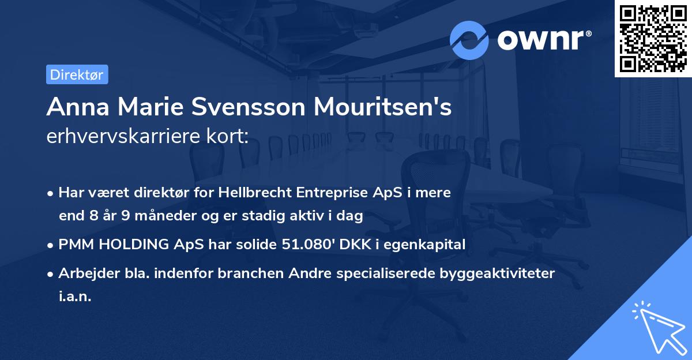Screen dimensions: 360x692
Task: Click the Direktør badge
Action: [x=77, y=75]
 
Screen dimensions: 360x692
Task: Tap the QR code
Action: [x=653, y=38]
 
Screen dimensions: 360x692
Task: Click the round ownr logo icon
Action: [x=469, y=40]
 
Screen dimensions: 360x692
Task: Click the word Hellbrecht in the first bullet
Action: [x=252, y=192]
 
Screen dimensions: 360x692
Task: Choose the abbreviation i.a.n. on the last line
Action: [x=75, y=297]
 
